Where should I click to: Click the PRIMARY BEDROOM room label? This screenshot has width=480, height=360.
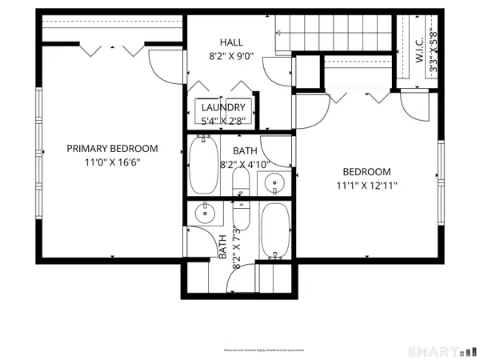click(x=111, y=148)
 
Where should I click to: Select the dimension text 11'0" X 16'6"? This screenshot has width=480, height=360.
click(x=111, y=161)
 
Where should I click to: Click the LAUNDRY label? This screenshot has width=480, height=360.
click(x=223, y=107)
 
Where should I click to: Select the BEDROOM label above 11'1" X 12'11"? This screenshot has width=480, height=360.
click(x=366, y=172)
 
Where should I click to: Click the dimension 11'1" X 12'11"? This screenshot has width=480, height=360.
click(x=366, y=186)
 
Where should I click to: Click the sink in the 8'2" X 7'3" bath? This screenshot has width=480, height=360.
click(x=206, y=213)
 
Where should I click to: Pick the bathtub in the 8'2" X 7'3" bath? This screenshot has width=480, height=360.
click(x=276, y=232)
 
